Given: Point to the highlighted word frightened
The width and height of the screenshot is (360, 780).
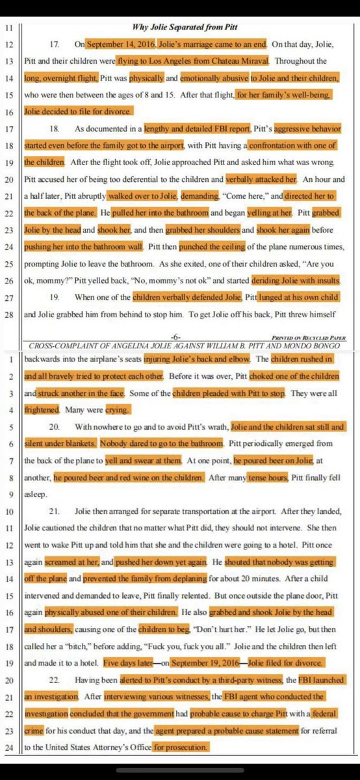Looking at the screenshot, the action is [44, 411].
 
